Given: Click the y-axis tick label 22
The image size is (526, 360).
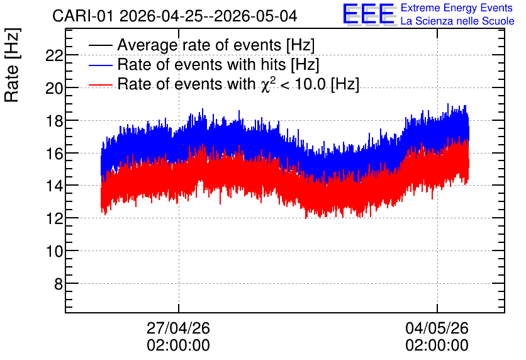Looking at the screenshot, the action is click(x=54, y=56).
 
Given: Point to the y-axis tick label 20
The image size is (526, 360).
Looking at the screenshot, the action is click(x=54, y=89).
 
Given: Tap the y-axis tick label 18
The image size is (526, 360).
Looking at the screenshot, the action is click(x=54, y=121).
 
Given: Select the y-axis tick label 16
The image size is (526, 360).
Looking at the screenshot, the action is click(x=54, y=154).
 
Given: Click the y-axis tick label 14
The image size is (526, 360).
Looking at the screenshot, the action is click(x=54, y=186).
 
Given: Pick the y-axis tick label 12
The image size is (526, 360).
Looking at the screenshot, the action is click(x=54, y=219).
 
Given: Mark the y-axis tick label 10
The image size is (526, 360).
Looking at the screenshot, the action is click(x=54, y=251).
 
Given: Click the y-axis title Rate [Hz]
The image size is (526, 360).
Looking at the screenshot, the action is click(x=12, y=65).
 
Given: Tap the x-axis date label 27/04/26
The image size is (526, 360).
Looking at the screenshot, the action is click(x=178, y=328).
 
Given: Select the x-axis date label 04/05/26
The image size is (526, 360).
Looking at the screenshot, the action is click(x=437, y=328).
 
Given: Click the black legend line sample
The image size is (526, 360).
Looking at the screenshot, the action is click(x=101, y=45).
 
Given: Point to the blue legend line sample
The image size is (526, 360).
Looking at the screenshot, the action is click(x=101, y=65).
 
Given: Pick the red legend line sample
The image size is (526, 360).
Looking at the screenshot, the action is click(x=101, y=85).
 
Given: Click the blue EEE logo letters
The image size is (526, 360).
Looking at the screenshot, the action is click(x=368, y=14).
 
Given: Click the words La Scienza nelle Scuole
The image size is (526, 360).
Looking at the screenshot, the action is click(x=457, y=21).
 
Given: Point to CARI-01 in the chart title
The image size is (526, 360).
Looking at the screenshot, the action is click(x=83, y=16).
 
